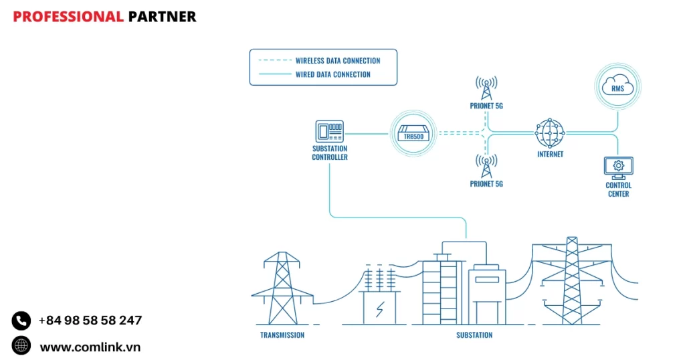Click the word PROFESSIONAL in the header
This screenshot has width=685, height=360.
click(68, 17)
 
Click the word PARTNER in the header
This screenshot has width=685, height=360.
click(162, 17)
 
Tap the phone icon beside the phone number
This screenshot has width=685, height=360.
click(21, 321)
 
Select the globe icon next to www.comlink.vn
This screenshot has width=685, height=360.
click(21, 346)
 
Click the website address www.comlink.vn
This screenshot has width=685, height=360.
click(90, 347)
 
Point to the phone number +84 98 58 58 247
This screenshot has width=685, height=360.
click(90, 321)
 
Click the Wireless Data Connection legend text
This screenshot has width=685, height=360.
click(338, 61)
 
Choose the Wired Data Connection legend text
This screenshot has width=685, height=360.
click(332, 74)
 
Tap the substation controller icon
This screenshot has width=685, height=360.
click(329, 132)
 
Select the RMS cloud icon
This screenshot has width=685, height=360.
click(617, 87)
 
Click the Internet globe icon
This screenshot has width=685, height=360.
click(550, 133)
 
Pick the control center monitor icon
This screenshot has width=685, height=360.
click(618, 167)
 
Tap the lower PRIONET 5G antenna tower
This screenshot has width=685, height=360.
click(486, 166)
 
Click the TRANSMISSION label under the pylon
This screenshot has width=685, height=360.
click(282, 335)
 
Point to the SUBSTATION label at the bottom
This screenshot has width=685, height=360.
click(474, 335)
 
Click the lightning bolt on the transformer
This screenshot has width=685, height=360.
click(380, 309)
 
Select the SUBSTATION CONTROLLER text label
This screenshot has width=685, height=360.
click(330, 153)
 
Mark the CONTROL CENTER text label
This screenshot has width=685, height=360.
click(618, 189)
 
